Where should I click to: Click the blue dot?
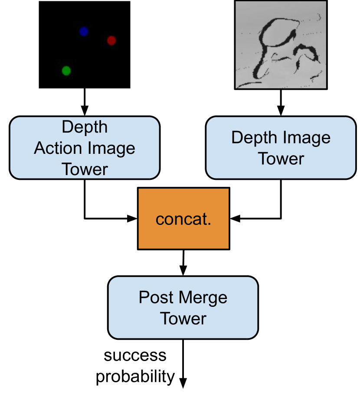coord(84,31)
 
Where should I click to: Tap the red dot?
coord(111,40)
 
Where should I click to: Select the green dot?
coord(66,70)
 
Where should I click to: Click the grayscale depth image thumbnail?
coord(281,45)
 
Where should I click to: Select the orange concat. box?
coord(183,218)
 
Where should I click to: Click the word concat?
coord(183,219)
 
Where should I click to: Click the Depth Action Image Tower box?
coord(85,147)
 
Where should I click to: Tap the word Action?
coord(56,148)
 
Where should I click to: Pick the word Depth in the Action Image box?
coord(85,127)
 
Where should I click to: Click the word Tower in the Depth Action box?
coord(85,169)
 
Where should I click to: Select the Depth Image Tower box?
coord(281,147)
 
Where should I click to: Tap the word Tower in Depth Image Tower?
coord(281,159)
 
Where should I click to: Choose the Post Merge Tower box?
coord(183,307)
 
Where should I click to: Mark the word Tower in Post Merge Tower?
coord(183,319)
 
